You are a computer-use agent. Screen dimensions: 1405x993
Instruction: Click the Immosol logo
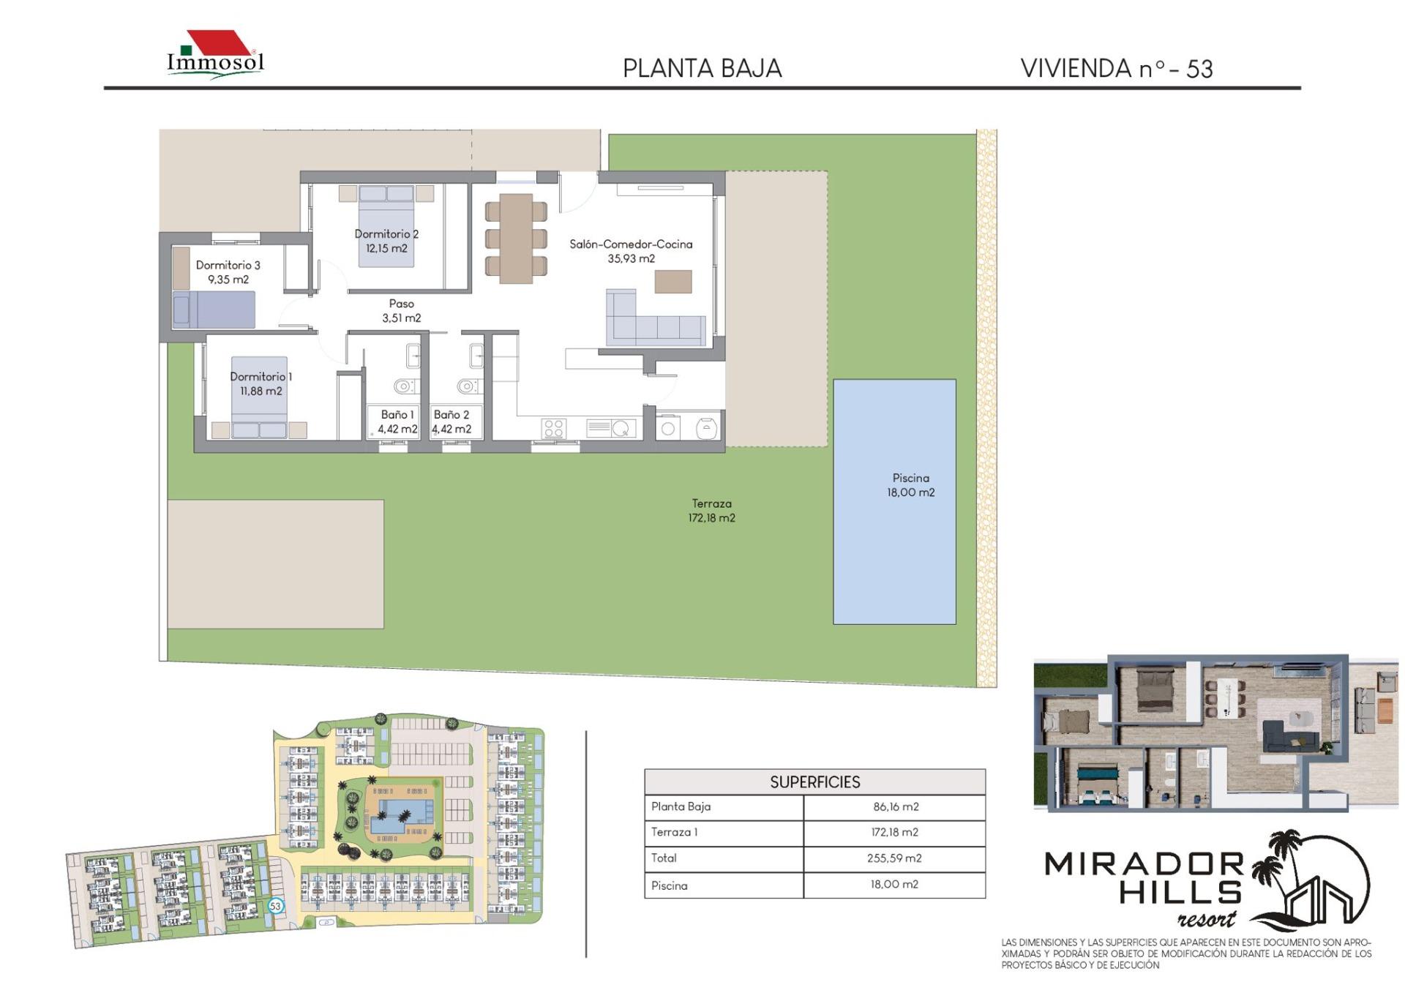click(216, 53)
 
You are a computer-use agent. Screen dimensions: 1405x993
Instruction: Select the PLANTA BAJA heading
click(702, 69)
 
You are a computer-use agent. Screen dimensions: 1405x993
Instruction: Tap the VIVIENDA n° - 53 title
click(1117, 69)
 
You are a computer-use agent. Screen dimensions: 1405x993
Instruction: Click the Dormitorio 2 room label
click(386, 241)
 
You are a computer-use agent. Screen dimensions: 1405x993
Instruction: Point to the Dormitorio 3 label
click(228, 272)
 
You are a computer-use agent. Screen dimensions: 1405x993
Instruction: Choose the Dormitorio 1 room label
click(261, 383)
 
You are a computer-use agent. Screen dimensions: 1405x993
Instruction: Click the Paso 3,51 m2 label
click(401, 310)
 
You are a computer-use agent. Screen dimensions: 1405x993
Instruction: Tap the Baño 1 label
click(397, 421)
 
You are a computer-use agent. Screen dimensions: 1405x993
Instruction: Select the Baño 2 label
click(452, 421)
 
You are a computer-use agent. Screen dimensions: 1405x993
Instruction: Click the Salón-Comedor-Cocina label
click(631, 251)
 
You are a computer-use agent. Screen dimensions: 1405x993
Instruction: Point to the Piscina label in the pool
click(911, 485)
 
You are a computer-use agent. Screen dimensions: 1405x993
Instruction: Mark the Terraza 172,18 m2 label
click(711, 511)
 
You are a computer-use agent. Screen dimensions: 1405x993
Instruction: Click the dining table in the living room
click(516, 238)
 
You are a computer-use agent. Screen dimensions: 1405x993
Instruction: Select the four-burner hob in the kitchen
click(553, 428)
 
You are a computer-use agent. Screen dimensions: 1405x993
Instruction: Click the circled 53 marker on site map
click(275, 906)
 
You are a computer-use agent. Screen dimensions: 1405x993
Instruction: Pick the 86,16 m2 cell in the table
click(896, 806)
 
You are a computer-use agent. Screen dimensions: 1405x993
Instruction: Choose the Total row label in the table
click(664, 858)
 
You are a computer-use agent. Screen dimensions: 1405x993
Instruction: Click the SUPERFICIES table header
click(815, 782)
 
